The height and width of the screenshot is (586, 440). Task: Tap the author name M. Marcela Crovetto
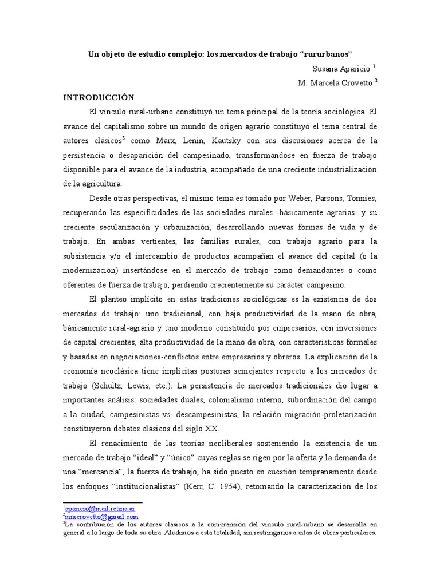[334, 82]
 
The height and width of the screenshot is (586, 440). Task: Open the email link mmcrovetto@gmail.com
[101, 516]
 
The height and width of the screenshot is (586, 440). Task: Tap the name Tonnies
[357, 199]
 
